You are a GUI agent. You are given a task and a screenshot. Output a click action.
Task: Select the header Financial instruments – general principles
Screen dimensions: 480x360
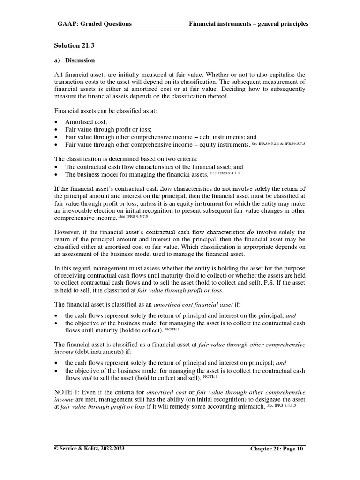pyautogui.click(x=248, y=24)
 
